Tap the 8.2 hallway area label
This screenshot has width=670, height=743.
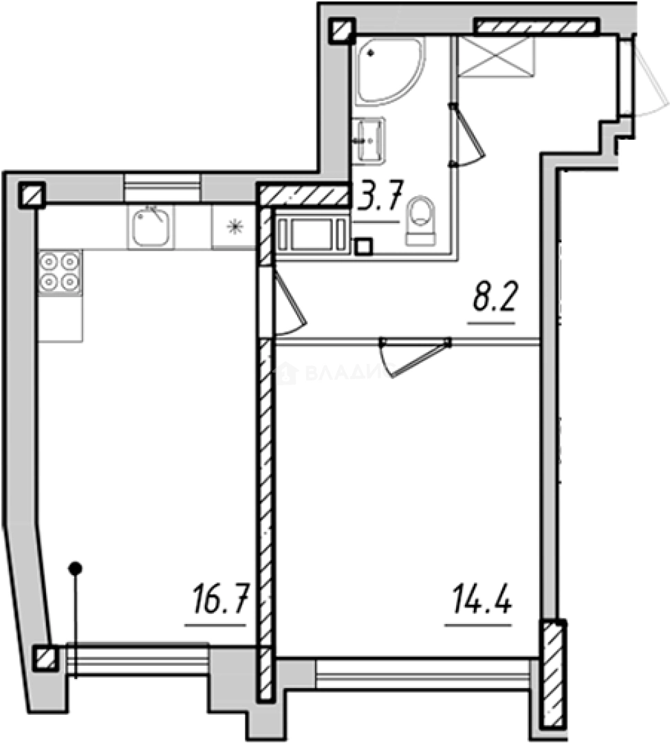click(x=493, y=301)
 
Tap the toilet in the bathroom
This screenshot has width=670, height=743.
click(x=421, y=221)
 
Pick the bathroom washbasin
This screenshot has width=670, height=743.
click(x=370, y=140)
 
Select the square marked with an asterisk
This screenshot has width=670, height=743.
click(x=235, y=226)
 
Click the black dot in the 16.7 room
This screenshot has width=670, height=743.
click(x=76, y=568)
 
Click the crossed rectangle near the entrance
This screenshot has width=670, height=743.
click(x=496, y=59)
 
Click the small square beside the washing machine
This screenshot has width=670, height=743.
click(x=363, y=245)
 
